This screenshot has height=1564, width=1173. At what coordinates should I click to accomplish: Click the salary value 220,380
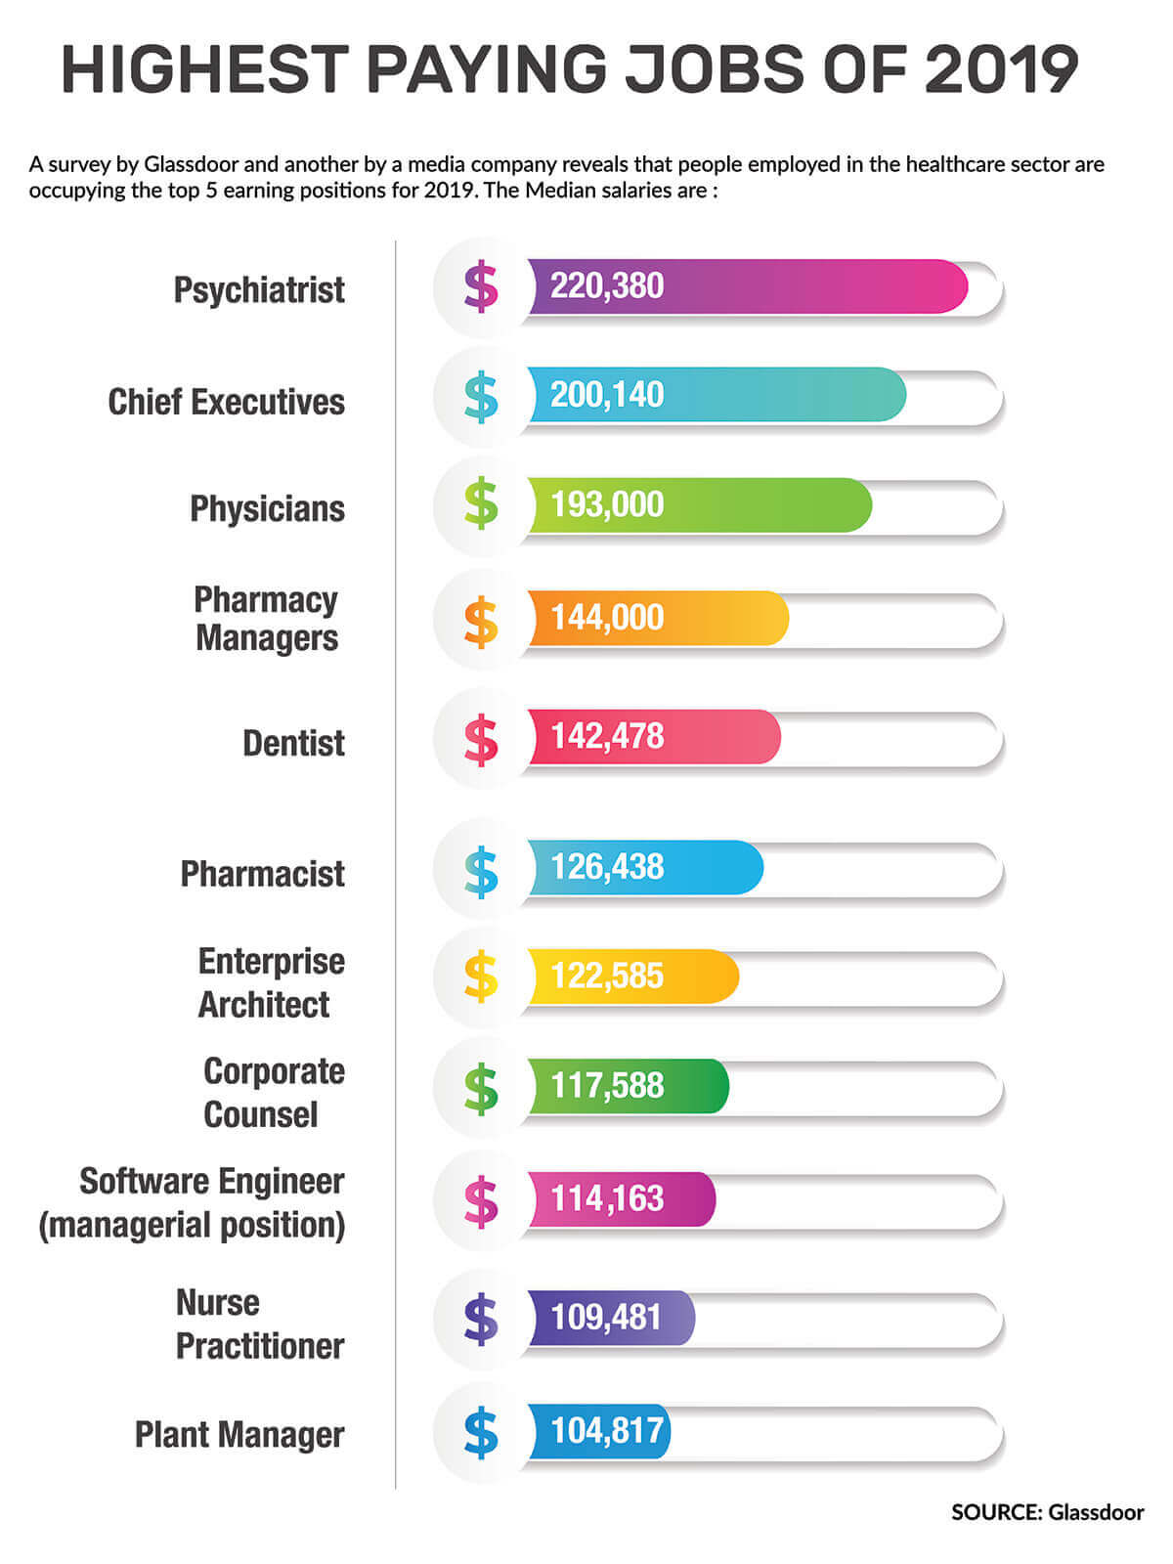[x=606, y=286]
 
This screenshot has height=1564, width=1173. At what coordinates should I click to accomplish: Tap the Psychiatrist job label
[x=259, y=290]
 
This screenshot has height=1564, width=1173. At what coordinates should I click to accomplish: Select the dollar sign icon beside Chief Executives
[x=481, y=398]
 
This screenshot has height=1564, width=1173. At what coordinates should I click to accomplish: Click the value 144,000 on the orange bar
[x=606, y=618]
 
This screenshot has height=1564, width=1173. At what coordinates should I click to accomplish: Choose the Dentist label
[x=293, y=744]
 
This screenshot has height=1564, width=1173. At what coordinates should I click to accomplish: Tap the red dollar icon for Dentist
[x=481, y=739]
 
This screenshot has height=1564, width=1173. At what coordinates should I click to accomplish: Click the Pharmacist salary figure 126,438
[x=606, y=867]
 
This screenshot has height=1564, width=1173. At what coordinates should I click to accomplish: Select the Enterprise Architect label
[x=270, y=982]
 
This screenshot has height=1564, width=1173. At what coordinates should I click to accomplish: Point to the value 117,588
[x=606, y=1086]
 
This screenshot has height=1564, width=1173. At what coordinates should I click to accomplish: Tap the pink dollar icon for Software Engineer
[x=481, y=1201]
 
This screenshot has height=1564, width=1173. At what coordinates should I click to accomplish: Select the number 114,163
[x=606, y=1198]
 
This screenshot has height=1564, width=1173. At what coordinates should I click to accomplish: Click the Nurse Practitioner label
[x=259, y=1325]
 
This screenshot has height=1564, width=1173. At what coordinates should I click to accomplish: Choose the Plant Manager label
[x=239, y=1435]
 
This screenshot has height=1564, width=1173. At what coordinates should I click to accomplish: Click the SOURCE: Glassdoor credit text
[x=1047, y=1512]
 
